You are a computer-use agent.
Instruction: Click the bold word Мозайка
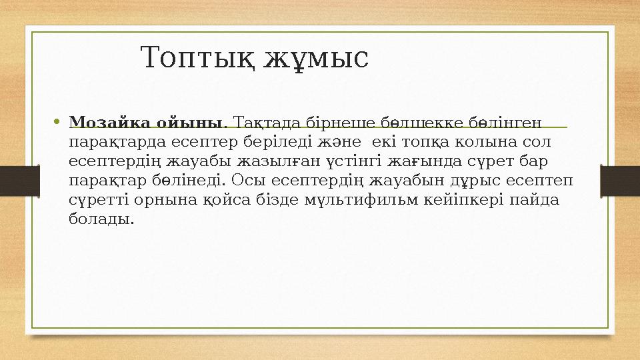(x=110, y=123)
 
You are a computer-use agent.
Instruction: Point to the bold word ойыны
(x=192, y=123)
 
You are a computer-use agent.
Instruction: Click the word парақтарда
(x=115, y=143)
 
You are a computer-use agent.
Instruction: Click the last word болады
(x=101, y=219)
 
